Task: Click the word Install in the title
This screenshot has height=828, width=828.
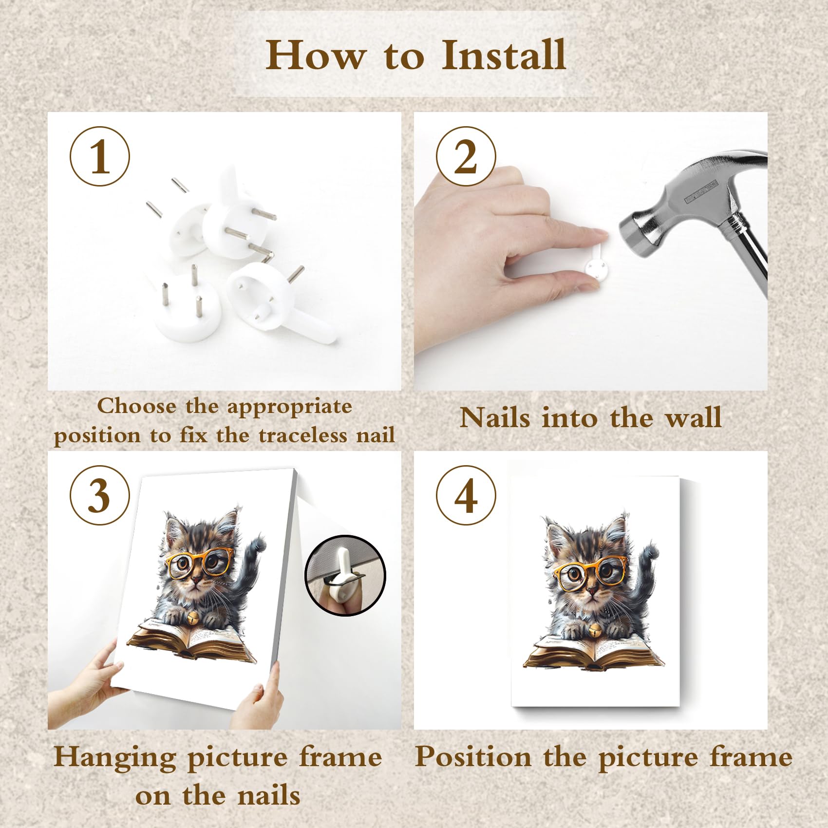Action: tap(504, 55)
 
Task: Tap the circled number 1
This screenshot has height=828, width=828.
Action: tap(100, 156)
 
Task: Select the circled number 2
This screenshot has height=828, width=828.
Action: tap(466, 156)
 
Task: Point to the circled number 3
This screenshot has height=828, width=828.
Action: tap(100, 495)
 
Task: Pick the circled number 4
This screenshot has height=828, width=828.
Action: tap(466, 495)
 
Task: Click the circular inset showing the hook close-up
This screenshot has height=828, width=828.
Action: tap(345, 575)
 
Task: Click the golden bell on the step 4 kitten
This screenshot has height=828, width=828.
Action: tap(595, 630)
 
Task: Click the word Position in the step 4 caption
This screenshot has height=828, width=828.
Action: tap(473, 757)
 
